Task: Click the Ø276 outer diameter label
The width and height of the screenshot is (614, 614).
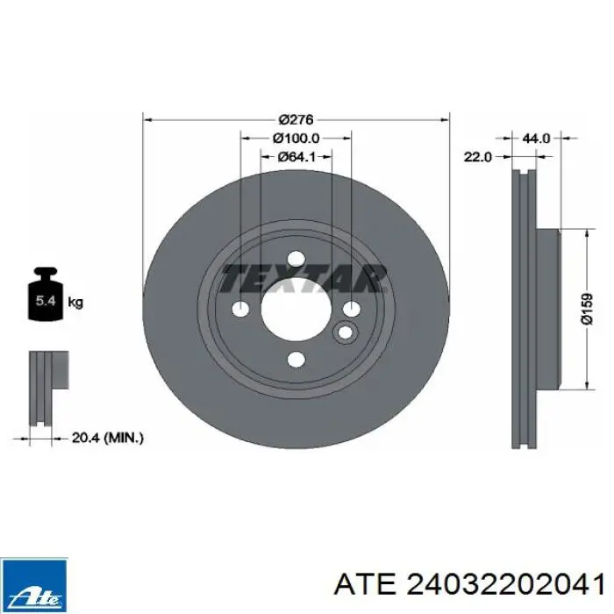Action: pyautogui.click(x=296, y=119)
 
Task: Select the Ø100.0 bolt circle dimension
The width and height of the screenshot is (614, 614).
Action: pyautogui.click(x=296, y=138)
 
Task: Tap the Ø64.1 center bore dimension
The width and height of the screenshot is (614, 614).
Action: pyautogui.click(x=296, y=157)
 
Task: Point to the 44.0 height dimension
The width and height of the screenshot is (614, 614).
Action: pyautogui.click(x=536, y=138)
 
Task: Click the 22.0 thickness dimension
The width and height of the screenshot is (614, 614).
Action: pyautogui.click(x=477, y=157)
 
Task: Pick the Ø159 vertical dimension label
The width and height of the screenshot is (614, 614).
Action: pyautogui.click(x=588, y=310)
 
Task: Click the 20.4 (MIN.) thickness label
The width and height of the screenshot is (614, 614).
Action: pyautogui.click(x=108, y=438)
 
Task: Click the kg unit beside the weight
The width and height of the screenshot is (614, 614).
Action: pyautogui.click(x=75, y=303)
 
